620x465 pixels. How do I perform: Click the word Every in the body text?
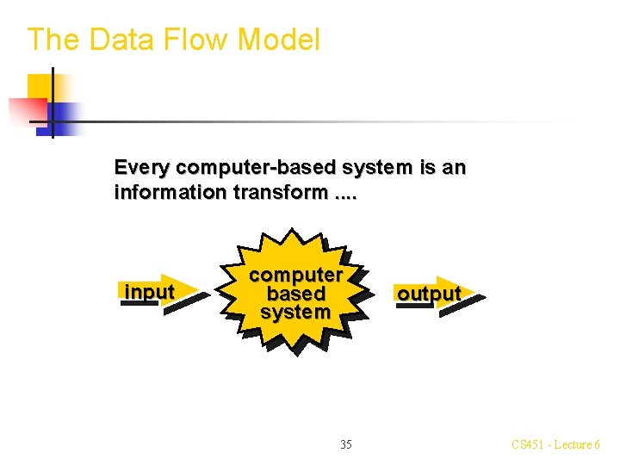click(142, 167)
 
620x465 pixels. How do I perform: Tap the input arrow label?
click(149, 293)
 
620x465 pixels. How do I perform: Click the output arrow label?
click(428, 294)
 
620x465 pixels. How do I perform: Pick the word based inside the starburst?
click(296, 294)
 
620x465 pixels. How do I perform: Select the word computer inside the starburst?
click(296, 275)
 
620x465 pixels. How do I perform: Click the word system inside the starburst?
click(296, 312)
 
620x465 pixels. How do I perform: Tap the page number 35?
click(345, 444)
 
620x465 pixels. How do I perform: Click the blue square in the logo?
click(66, 114)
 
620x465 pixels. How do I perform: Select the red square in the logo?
click(26, 110)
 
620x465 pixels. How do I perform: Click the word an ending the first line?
click(454, 167)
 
